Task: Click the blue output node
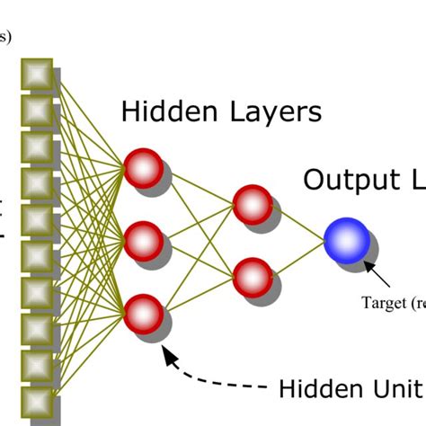click(x=346, y=239)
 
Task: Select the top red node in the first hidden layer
click(x=143, y=168)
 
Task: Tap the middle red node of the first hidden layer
click(x=143, y=240)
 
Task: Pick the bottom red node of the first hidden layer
click(x=143, y=312)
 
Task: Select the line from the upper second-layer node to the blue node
click(x=296, y=223)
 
